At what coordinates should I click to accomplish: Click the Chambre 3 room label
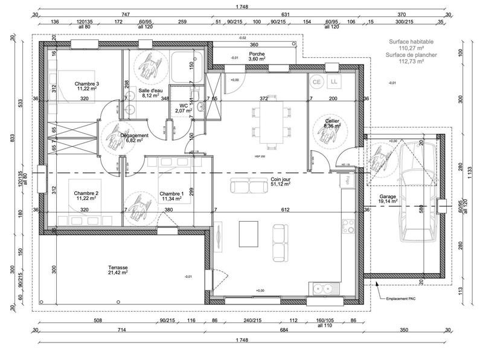(x=87, y=84)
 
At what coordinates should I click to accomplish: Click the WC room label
(x=182, y=107)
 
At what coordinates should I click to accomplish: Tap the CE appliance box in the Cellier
(x=316, y=81)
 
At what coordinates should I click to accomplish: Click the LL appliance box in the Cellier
(x=334, y=81)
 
